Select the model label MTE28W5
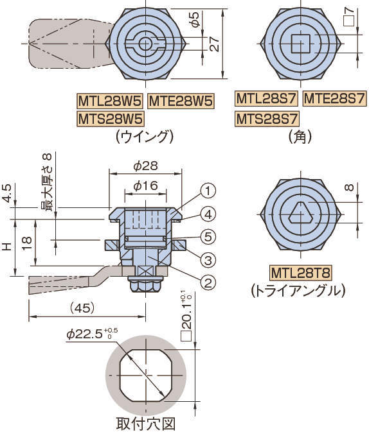(181, 101)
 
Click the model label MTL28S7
(266, 99)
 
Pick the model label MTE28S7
(334, 99)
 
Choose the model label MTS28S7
(266, 119)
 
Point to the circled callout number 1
(208, 191)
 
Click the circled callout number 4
(208, 214)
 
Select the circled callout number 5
(208, 237)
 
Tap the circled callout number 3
(208, 259)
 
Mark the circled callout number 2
(208, 281)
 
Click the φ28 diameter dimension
(145, 166)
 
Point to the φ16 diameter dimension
(145, 186)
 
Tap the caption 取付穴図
(145, 424)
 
